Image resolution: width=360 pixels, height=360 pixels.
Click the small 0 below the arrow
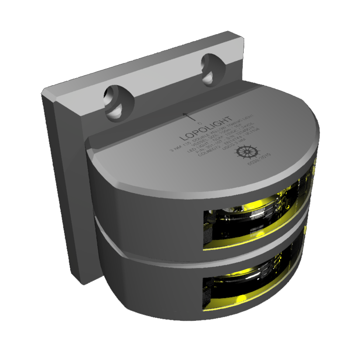199,124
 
